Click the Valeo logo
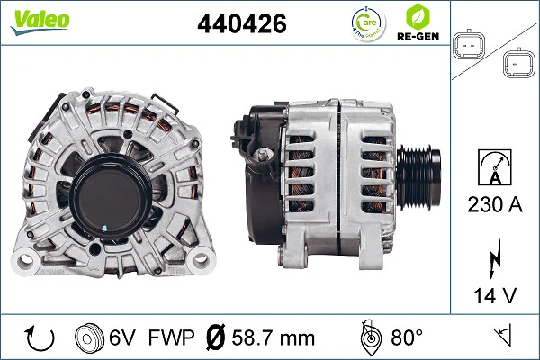40,22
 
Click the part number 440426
242,23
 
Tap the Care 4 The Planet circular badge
368,23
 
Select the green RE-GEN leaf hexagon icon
418,17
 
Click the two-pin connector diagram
468,45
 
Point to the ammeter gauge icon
495,167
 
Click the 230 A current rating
495,204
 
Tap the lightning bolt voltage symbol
495,258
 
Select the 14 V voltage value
495,295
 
